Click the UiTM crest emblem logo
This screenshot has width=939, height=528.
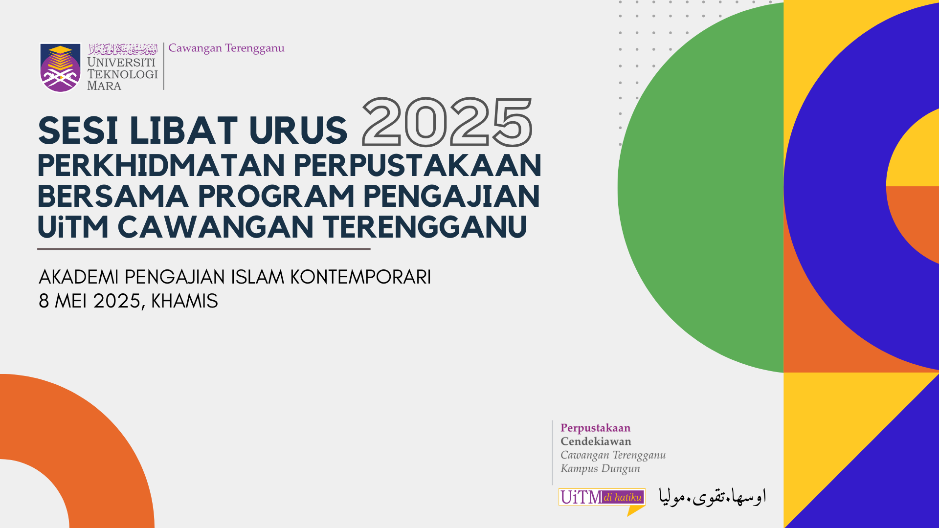click(60, 67)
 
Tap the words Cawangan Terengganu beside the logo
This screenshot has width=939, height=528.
click(226, 48)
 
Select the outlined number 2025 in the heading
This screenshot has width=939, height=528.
click(447, 122)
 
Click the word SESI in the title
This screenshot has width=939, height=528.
click(78, 131)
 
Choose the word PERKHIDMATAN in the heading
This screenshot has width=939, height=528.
click(161, 166)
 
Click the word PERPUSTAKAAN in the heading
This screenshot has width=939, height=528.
click(418, 166)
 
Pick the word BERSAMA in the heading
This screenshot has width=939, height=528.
click(113, 197)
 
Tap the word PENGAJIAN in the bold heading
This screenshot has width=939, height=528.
click(451, 197)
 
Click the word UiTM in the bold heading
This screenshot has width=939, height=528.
click(73, 227)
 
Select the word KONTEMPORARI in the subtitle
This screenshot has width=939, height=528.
click(360, 277)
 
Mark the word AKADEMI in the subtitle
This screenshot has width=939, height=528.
click(79, 277)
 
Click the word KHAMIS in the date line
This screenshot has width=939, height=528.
click(184, 301)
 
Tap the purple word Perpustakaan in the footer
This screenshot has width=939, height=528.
click(595, 429)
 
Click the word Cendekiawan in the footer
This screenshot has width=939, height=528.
click(596, 441)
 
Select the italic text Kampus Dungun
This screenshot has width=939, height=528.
click(600, 469)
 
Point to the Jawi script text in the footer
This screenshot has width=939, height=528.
click(713, 497)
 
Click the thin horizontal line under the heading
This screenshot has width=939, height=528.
click(204, 249)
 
